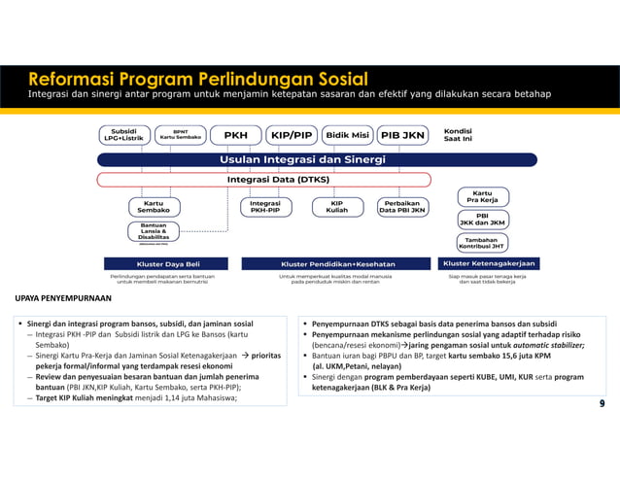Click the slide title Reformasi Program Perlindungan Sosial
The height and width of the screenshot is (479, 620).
(x=197, y=78)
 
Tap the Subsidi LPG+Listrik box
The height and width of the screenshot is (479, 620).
(x=123, y=134)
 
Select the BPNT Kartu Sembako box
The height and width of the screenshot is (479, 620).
(x=180, y=134)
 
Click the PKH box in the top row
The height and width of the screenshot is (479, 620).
(x=235, y=134)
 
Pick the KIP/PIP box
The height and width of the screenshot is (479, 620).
(x=292, y=134)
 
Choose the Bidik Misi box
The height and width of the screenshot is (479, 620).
(x=347, y=134)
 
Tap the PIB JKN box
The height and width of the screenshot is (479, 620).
(x=402, y=134)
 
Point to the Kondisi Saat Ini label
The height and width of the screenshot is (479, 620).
(x=458, y=134)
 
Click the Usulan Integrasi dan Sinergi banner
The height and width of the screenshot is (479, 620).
(x=302, y=158)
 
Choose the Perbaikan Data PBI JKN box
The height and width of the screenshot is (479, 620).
(x=401, y=206)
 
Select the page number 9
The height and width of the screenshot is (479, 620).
(x=603, y=402)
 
